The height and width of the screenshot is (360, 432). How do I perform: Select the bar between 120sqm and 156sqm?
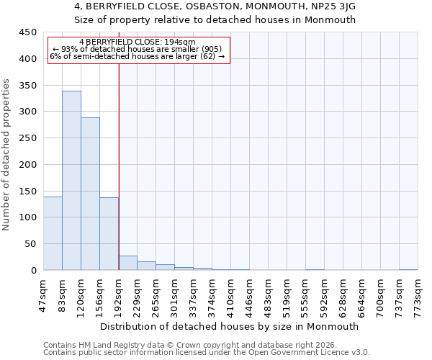90,194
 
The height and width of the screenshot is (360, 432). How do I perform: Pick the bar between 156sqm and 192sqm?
109,234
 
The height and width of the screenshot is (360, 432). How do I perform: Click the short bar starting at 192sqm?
127,264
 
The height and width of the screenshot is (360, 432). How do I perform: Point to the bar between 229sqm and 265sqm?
146,266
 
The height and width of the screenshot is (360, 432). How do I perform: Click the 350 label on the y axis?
27,86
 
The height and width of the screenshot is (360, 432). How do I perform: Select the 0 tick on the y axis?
33,271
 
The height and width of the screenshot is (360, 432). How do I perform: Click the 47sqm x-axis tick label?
44,294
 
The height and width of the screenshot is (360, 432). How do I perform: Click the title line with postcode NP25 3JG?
215,6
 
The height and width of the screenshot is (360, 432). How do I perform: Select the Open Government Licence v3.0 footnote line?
207,352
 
